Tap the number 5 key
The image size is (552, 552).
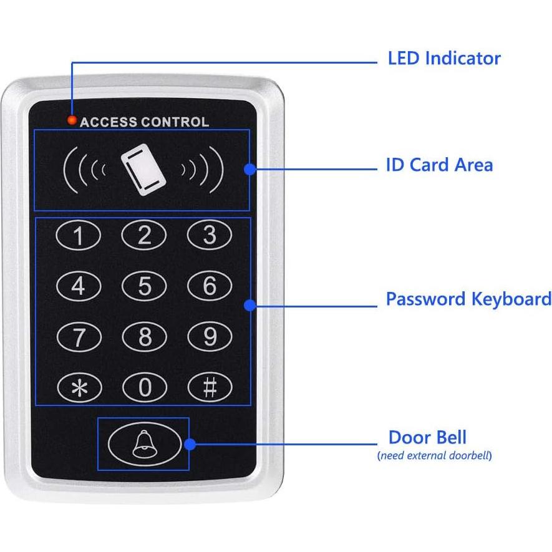click(x=144, y=286)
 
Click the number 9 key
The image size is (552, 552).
click(x=210, y=337)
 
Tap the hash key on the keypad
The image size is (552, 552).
click(x=210, y=388)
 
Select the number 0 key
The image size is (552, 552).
click(x=144, y=388)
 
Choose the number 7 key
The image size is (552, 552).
click(x=79, y=337)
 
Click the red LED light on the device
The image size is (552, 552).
click(x=72, y=120)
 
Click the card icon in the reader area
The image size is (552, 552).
click(x=142, y=169)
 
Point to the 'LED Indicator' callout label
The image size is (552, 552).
click(x=444, y=59)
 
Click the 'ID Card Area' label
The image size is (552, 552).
click(x=439, y=165)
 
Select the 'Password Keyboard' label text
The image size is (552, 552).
click(x=468, y=299)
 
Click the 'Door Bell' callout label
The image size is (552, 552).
click(x=427, y=437)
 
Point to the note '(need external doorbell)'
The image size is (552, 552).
click(x=434, y=455)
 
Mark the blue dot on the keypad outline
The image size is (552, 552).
click(x=250, y=305)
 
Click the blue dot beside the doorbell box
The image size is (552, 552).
click(x=190, y=444)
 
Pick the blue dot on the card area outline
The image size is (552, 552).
click(x=249, y=168)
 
